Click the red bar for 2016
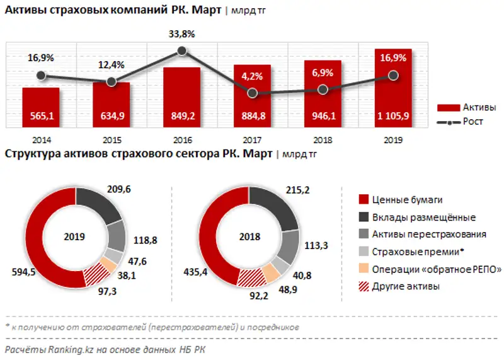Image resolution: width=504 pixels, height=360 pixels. pos(181,95)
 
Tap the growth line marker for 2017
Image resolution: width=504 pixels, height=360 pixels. pos(253,93)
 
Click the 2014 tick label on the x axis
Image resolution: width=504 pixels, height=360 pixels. pos(41,141)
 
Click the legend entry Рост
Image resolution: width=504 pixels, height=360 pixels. pos(473,121)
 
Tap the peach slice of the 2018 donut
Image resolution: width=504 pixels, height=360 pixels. pos(271,272)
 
